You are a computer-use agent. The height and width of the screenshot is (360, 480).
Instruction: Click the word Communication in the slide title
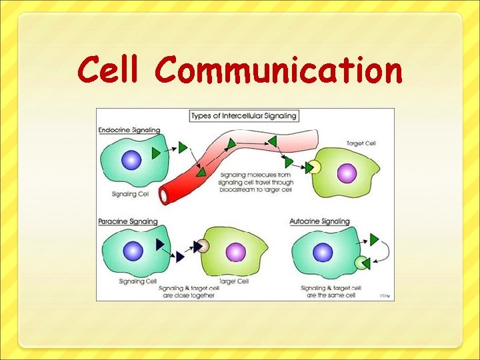point(279,71)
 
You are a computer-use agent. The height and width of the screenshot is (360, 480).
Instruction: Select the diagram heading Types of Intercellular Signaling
point(243,116)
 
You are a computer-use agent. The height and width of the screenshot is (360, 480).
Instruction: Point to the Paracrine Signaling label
point(128,221)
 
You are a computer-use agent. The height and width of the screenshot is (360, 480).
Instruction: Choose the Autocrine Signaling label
point(320,221)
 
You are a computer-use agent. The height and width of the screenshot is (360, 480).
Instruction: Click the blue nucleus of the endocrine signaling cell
point(131,160)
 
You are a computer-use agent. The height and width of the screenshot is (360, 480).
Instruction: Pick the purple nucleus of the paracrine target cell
point(235,252)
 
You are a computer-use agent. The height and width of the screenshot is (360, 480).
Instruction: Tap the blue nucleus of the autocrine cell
point(323,253)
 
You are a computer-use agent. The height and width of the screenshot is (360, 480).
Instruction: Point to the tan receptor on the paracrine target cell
point(203,247)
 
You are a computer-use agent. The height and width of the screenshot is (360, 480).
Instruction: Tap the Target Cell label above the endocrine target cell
point(361,143)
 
